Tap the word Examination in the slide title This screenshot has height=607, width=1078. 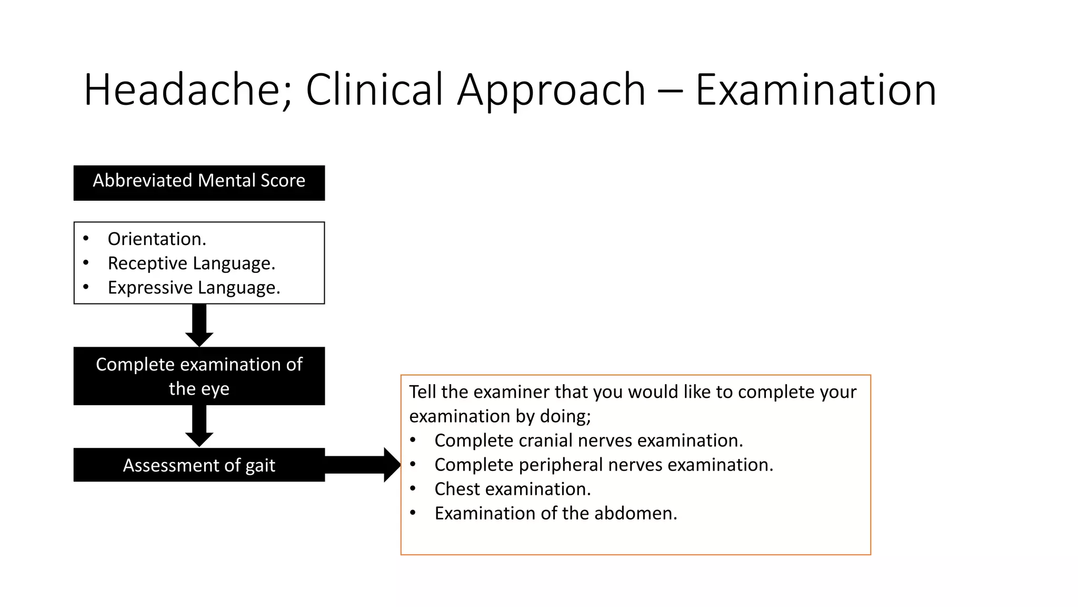click(815, 90)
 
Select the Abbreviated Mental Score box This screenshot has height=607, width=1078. click(199, 182)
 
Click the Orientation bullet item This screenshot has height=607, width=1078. click(157, 239)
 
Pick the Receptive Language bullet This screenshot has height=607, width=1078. click(192, 263)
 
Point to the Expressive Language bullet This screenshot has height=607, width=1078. click(194, 288)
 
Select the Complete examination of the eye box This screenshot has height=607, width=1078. click(199, 376)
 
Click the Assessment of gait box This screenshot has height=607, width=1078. click(199, 465)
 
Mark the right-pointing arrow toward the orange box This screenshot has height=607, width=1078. click(363, 465)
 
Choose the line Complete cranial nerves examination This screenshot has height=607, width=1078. click(588, 440)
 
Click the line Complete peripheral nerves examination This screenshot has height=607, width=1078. click(604, 465)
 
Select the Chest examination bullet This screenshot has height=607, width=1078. click(512, 489)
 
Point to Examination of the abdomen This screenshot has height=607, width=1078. click(555, 513)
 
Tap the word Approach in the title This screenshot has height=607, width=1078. click(551, 90)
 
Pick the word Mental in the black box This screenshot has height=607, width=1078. click(227, 181)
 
